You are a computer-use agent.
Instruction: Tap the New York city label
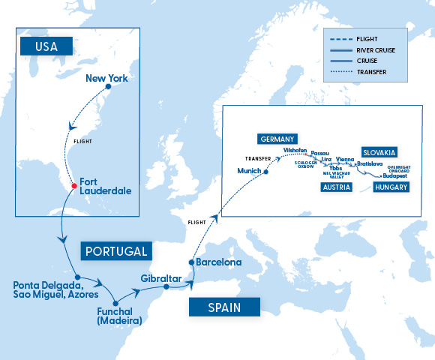click(x=108, y=77)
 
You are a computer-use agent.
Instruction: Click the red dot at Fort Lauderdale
click(x=73, y=186)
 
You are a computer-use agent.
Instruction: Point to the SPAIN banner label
click(x=224, y=307)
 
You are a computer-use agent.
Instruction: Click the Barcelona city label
click(x=218, y=262)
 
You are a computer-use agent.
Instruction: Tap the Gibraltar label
click(x=161, y=279)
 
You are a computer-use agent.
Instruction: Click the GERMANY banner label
click(x=277, y=139)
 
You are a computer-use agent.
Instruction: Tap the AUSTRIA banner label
click(x=335, y=187)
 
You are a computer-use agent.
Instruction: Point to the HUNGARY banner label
click(x=391, y=187)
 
